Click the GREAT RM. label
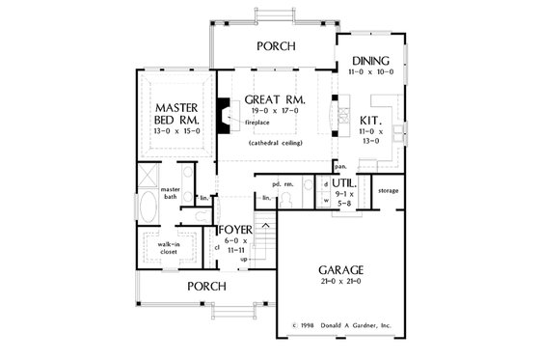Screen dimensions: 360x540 [x=275, y=99]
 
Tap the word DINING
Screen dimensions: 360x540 [x=370, y=60]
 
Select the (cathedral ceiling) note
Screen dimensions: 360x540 [x=275, y=142]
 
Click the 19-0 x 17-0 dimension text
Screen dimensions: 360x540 [x=275, y=111]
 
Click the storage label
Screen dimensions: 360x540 [x=389, y=191]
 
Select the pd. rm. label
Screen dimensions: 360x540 [x=282, y=182]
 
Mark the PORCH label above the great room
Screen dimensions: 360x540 [x=275, y=45]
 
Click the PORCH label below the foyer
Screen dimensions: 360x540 [x=207, y=286]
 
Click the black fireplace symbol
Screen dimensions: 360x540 [x=224, y=112]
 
